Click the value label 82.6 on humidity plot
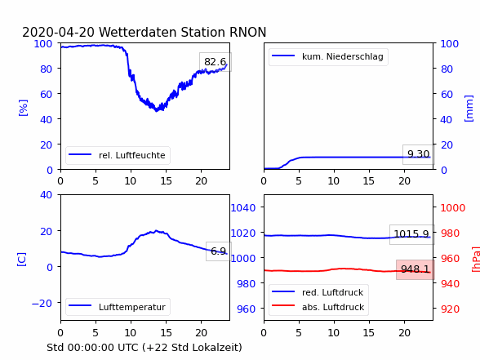216,62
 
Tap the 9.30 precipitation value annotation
418,154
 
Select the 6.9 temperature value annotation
218,251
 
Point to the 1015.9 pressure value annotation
411,234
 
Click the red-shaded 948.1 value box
415,269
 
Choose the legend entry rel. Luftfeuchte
117,155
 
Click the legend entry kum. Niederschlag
327,56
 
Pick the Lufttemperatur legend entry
117,307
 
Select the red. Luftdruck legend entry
318,292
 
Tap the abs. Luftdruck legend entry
318,307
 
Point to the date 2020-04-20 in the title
59,32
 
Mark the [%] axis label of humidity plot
23,108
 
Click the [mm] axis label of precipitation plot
469,109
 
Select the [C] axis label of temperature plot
22,259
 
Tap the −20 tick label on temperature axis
42,304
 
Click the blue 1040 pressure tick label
243,208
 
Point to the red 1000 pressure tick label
453,208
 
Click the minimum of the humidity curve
157,111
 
